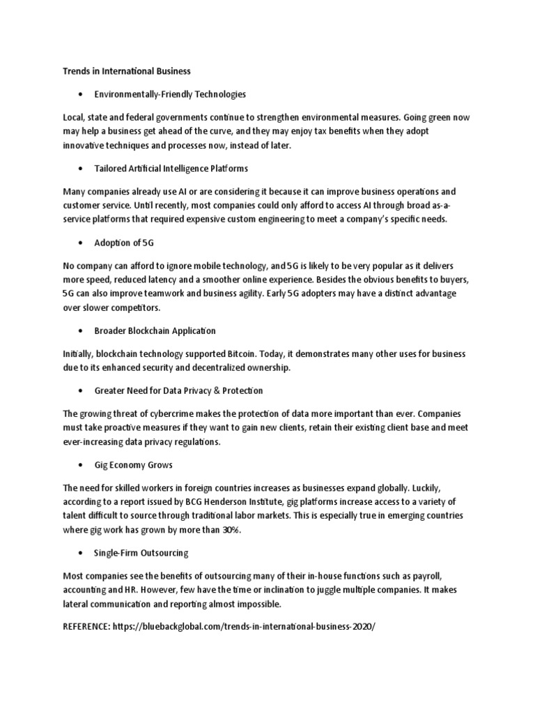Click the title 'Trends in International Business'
pos(127,70)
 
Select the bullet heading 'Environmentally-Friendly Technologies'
pos(170,93)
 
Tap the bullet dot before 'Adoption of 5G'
pos(82,243)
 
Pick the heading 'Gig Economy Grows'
pos(133,464)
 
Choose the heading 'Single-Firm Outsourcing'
pos(141,552)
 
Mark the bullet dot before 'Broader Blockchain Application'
pos(82,331)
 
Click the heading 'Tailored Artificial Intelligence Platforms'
pos(171,168)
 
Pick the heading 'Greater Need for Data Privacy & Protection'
pos(178,390)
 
